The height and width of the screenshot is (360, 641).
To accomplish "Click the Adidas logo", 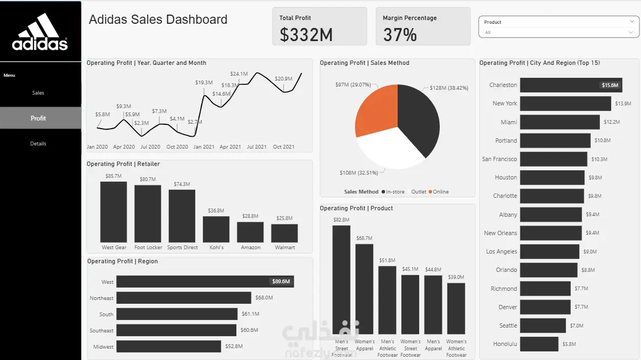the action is click(x=39, y=32).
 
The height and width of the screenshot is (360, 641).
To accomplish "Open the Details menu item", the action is click(x=38, y=143).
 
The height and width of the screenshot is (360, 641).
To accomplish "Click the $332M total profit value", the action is click(x=306, y=35).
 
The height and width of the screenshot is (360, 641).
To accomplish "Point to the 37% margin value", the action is click(x=400, y=35).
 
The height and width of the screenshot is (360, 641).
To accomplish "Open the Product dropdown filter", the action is click(x=558, y=27).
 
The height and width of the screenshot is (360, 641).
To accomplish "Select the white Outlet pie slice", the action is click(x=391, y=149).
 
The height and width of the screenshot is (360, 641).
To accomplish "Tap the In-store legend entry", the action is click(x=393, y=192).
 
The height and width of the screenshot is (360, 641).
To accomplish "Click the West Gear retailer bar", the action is click(x=114, y=212).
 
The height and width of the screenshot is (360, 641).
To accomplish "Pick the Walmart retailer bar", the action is click(x=285, y=234).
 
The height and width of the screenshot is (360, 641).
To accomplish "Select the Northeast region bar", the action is click(x=183, y=297).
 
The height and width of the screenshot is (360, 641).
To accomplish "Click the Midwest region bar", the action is click(x=168, y=346).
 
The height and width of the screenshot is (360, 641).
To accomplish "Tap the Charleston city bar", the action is click(x=571, y=85).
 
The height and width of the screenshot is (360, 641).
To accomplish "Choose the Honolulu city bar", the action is click(x=539, y=344).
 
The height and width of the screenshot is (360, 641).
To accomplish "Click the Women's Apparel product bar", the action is click(x=364, y=289).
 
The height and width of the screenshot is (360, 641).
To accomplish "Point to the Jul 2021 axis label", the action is click(x=257, y=146).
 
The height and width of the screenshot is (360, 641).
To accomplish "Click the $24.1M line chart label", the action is click(x=239, y=74).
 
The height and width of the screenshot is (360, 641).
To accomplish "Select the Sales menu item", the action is click(x=38, y=93).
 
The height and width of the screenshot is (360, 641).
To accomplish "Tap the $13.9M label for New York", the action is click(x=623, y=104).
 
